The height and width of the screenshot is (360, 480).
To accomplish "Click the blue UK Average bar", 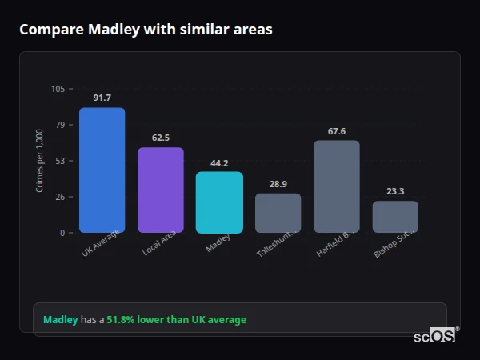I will coord(102,170).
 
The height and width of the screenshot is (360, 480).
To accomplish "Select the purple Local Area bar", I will coord(161,190).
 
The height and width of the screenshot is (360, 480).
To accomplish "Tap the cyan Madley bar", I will coord(219,202).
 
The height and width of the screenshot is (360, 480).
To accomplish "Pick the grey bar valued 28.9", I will coord(278,213).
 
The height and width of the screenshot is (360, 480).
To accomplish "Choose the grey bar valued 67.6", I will coord(337,186).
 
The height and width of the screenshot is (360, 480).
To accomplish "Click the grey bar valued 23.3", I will coord(395,217).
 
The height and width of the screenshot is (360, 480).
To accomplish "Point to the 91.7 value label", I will coord(102,98).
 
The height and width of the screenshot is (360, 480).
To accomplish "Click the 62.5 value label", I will coord(161,138).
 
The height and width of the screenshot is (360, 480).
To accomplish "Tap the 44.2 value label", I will coord(219,163).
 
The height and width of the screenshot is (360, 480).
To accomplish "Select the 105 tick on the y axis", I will coord(58,89).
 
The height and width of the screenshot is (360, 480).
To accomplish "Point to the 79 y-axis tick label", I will coord(60,125).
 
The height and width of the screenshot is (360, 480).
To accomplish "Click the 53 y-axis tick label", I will coord(60,161).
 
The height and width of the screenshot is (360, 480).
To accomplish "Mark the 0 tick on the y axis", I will coord(62,233).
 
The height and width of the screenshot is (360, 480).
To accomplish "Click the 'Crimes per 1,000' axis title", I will coord(40,161).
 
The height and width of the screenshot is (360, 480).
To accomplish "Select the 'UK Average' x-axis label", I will coord(101,242).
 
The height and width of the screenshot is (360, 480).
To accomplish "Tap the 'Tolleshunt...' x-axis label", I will coord(277,242).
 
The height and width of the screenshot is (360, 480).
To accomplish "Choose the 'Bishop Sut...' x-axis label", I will coord(394,242).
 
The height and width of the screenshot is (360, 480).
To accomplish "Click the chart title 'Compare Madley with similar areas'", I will coord(146,30).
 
